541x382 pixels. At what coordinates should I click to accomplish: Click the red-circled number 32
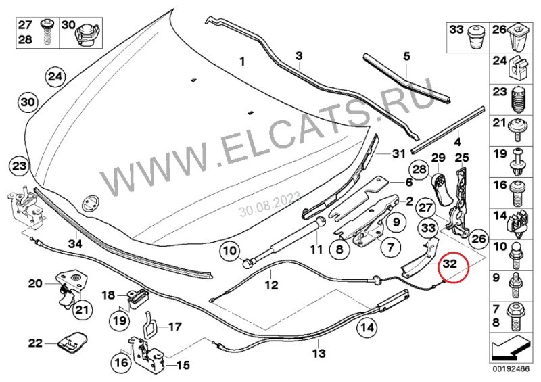(450, 263)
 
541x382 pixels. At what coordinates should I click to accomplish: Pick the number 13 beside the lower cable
(319, 353)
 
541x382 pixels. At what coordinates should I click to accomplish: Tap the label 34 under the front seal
(75, 243)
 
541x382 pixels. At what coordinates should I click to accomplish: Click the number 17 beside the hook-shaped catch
(174, 327)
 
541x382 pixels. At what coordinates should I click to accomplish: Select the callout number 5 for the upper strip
(406, 55)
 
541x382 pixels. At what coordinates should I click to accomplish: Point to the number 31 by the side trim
(397, 153)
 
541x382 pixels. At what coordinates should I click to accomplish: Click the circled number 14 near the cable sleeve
(367, 329)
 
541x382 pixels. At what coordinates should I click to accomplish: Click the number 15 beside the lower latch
(183, 366)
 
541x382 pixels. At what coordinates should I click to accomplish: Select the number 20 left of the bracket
(35, 283)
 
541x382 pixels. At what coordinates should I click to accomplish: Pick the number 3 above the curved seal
(298, 54)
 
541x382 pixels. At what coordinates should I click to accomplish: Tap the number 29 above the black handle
(438, 158)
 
